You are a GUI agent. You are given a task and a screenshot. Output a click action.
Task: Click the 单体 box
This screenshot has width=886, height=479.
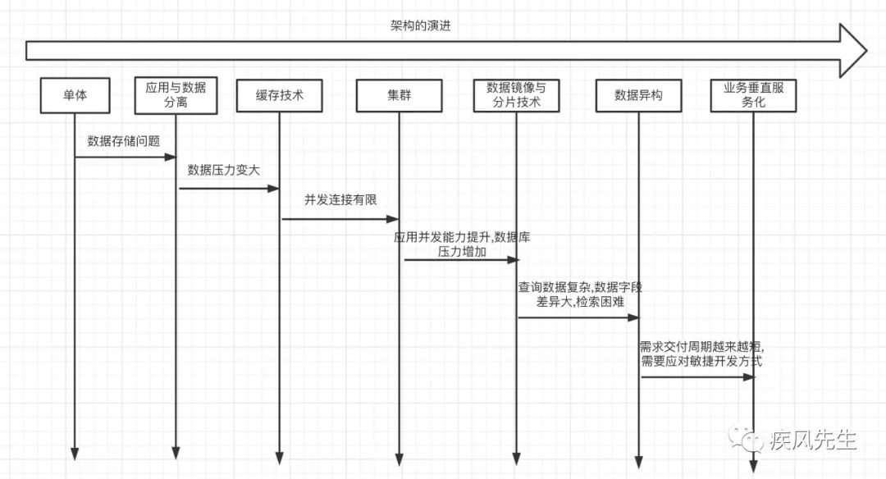pyautogui.click(x=75, y=96)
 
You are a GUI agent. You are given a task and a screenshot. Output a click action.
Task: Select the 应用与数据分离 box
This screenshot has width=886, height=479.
pyautogui.click(x=176, y=96)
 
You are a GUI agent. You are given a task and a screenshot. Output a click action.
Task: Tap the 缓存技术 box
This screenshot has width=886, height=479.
pyautogui.click(x=280, y=96)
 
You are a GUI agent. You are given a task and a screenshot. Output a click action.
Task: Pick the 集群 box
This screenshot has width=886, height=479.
pyautogui.click(x=400, y=96)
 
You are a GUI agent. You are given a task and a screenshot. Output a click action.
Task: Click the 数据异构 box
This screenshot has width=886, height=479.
pyautogui.click(x=639, y=96)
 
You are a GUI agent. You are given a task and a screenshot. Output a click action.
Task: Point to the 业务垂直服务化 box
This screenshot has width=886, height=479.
pyautogui.click(x=752, y=96)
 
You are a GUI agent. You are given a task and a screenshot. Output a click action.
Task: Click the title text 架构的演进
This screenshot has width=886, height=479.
pyautogui.click(x=421, y=25)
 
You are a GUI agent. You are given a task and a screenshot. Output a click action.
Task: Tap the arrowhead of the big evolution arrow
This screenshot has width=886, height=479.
pyautogui.click(x=853, y=51)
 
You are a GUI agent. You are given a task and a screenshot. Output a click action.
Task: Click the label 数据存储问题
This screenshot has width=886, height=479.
pyautogui.click(x=124, y=140)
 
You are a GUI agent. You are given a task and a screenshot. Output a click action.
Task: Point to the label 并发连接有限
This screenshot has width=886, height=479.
pyautogui.click(x=340, y=199)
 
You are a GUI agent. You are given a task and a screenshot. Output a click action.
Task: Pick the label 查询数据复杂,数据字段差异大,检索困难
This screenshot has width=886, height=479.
pyautogui.click(x=579, y=294)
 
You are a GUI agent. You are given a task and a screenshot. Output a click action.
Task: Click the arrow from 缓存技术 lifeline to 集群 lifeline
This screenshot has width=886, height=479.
pyautogui.click(x=340, y=219)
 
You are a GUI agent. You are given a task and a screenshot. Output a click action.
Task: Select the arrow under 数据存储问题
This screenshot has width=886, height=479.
pyautogui.click(x=125, y=157)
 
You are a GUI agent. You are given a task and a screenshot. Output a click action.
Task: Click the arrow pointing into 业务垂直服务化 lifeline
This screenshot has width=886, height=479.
pyautogui.click(x=696, y=377)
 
